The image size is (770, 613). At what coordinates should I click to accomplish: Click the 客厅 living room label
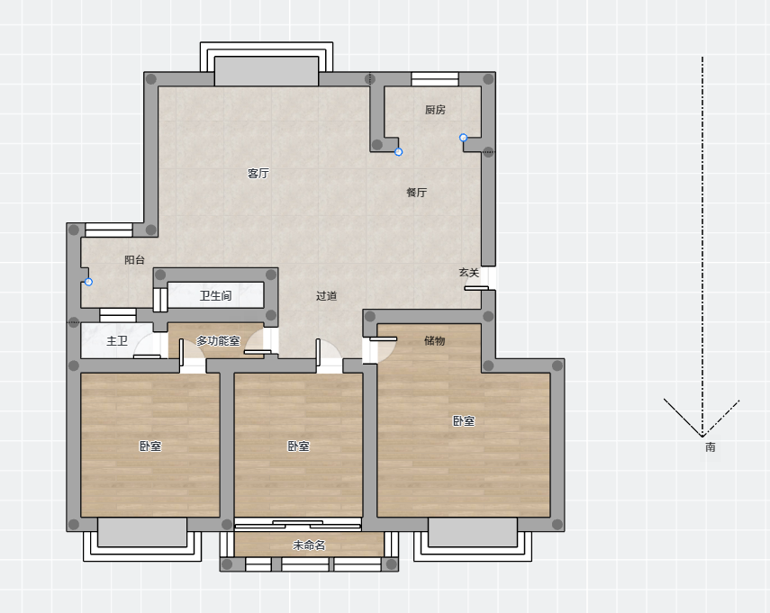pos(258,173)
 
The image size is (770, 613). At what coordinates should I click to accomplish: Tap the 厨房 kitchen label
pos(436,110)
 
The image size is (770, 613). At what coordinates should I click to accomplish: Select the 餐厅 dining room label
pos(417,193)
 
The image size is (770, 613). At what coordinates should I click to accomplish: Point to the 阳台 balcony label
pos(134,259)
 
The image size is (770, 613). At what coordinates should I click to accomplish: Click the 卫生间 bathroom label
pos(215,295)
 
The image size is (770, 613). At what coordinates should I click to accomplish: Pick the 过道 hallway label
pos(327,296)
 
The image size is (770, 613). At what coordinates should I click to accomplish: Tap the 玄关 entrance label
pos(469,273)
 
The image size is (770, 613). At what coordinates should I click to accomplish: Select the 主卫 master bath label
pos(117,340)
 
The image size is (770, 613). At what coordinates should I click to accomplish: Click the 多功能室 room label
pos(218,340)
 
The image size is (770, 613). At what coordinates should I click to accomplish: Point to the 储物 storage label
pos(435,340)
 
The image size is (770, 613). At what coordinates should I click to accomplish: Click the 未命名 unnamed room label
pos(309,545)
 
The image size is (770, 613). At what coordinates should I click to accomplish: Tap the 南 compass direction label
pos(710,447)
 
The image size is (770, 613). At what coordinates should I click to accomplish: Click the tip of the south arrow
pos(702,437)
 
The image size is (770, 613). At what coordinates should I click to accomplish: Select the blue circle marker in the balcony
pos(88,283)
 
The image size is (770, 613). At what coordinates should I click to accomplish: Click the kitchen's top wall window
pos(435,79)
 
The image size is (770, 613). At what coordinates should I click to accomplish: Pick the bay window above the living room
pos(267,64)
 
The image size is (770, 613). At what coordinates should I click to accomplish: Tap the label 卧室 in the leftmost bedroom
pos(150,446)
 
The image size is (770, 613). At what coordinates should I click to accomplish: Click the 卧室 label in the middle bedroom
pos(299,446)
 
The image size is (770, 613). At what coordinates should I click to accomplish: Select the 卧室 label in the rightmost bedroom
pos(464,421)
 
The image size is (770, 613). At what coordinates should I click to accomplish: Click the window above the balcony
pos(109,230)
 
